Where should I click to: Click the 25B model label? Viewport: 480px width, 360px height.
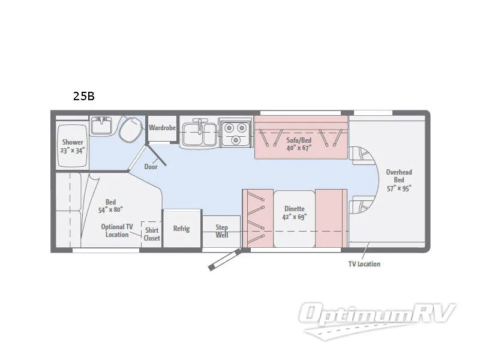(84, 97)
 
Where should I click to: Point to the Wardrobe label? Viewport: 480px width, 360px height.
(162, 127)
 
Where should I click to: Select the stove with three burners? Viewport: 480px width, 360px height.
(235, 132)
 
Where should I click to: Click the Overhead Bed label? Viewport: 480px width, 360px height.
(399, 176)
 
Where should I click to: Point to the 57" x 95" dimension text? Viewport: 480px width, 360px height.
(399, 188)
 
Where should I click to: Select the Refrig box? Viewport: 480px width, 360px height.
(181, 229)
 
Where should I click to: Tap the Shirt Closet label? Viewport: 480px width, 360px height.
(152, 234)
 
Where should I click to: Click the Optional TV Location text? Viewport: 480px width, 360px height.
(117, 230)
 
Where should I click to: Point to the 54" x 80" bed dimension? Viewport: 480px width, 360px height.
(110, 210)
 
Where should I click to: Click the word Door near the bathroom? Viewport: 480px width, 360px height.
(151, 166)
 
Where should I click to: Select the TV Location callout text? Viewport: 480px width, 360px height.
(364, 264)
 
